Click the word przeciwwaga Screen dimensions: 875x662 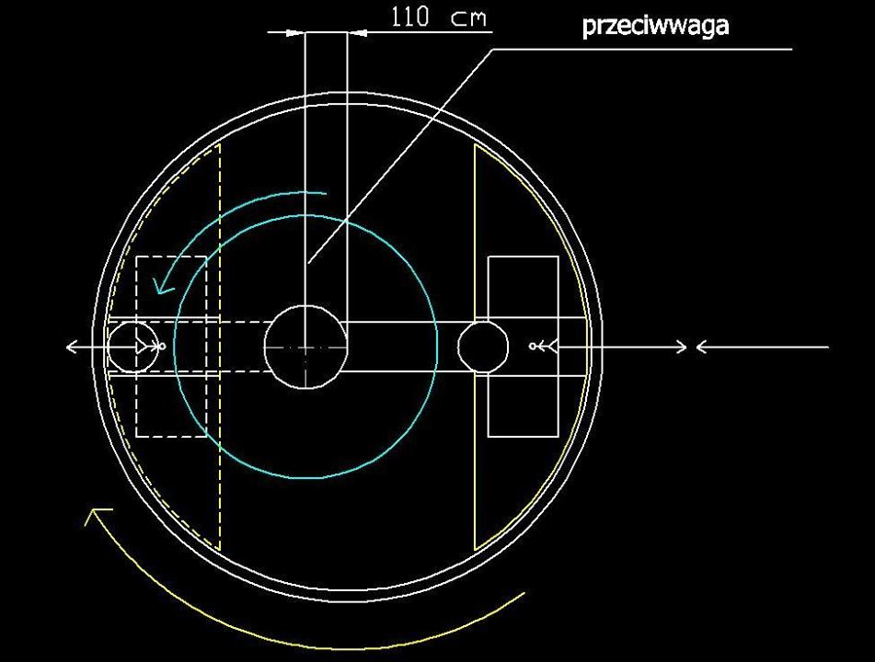(x=655, y=27)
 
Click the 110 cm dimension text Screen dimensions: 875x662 (x=439, y=17)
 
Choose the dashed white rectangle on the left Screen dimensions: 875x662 (x=136, y=347)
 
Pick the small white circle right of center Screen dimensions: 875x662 (x=483, y=322)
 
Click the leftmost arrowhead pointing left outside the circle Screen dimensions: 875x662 (x=71, y=347)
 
